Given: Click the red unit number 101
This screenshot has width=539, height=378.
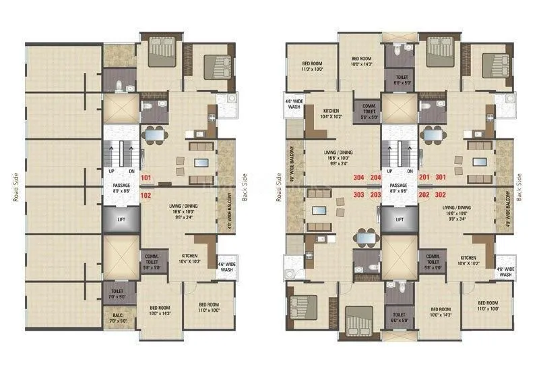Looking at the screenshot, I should [147, 178].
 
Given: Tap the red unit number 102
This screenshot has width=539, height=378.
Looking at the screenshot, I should [147, 195].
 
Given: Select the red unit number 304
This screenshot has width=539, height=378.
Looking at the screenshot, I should [358, 178].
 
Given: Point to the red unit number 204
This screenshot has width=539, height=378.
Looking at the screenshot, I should [376, 178].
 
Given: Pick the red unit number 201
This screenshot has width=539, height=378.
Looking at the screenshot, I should [424, 178].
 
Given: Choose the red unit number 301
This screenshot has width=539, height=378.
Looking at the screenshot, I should [441, 178].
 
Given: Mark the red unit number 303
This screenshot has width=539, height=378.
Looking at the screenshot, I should [358, 195].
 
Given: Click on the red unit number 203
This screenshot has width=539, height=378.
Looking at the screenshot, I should [376, 195].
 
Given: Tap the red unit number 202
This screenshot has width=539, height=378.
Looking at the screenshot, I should [424, 195].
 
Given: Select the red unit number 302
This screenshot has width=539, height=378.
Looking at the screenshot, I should [441, 195].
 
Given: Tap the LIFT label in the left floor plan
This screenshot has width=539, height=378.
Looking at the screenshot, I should [121, 219].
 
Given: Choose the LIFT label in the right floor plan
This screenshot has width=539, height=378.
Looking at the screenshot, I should [400, 219].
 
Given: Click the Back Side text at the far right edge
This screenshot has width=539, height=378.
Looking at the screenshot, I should [519, 188].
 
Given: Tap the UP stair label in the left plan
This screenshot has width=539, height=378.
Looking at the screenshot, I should [111, 171].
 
